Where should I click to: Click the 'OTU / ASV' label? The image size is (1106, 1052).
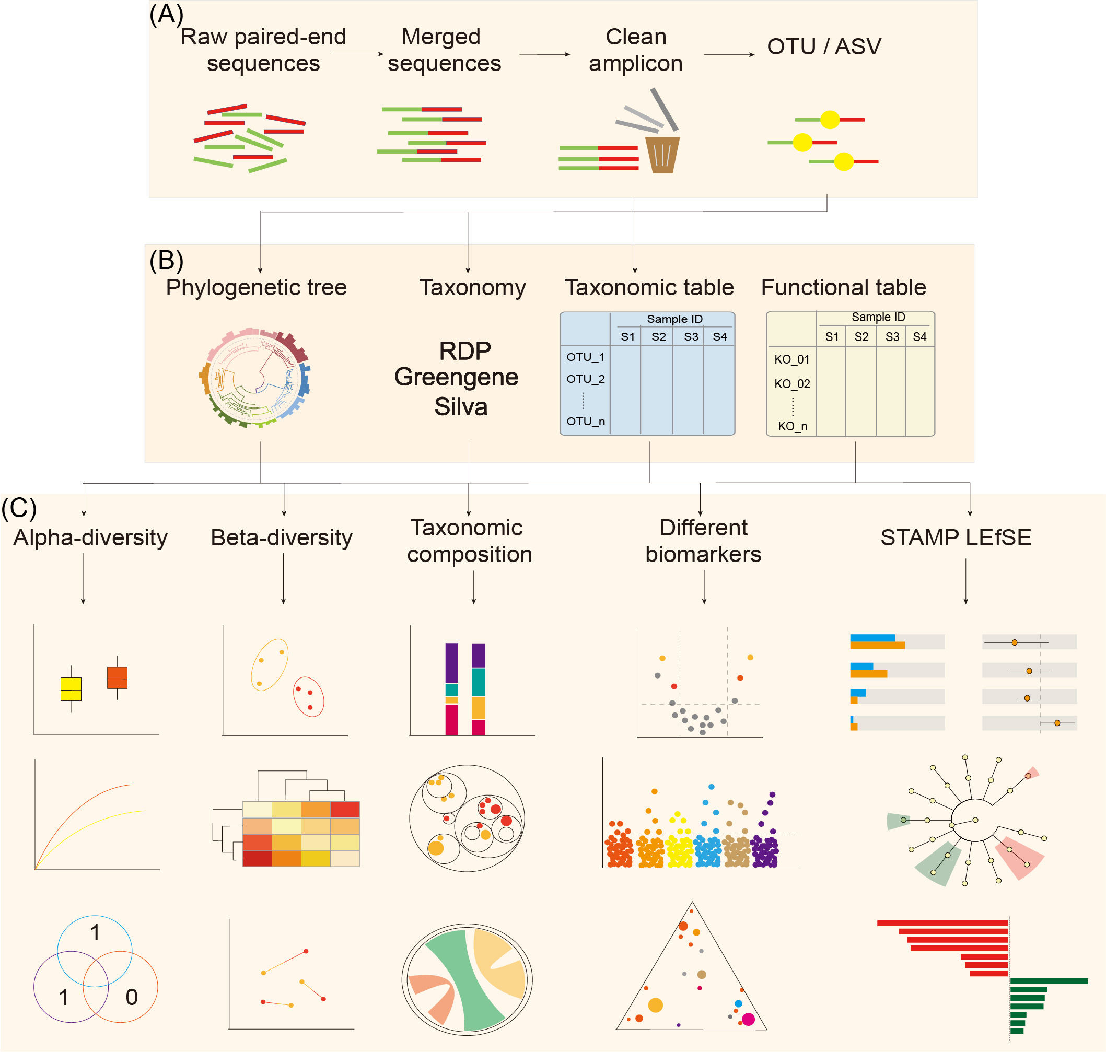click(x=823, y=46)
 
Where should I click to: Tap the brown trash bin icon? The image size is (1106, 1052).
click(x=662, y=155)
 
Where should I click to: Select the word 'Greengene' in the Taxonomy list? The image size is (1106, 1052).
click(x=456, y=377)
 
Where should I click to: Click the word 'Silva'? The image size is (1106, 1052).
click(x=460, y=406)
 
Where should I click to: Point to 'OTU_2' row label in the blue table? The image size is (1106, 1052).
click(x=585, y=379)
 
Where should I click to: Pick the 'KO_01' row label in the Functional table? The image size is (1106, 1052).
click(x=791, y=359)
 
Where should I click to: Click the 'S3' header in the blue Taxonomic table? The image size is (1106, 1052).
click(x=691, y=336)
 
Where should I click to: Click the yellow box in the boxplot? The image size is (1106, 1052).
click(x=71, y=688)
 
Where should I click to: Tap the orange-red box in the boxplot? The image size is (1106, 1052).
click(x=117, y=677)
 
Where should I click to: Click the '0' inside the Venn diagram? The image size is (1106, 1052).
click(x=131, y=997)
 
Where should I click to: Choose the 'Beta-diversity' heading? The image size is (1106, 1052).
click(x=282, y=538)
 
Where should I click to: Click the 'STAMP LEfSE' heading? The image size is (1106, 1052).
click(x=955, y=538)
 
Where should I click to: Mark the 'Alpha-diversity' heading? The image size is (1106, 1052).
click(x=90, y=538)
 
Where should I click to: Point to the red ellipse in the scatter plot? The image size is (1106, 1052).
click(x=308, y=697)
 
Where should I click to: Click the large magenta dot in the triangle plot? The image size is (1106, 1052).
click(x=748, y=1019)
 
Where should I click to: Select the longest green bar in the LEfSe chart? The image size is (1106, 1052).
click(x=1049, y=981)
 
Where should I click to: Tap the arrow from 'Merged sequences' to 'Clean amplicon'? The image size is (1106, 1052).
click(x=544, y=54)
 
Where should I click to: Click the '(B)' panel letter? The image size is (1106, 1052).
click(x=167, y=261)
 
